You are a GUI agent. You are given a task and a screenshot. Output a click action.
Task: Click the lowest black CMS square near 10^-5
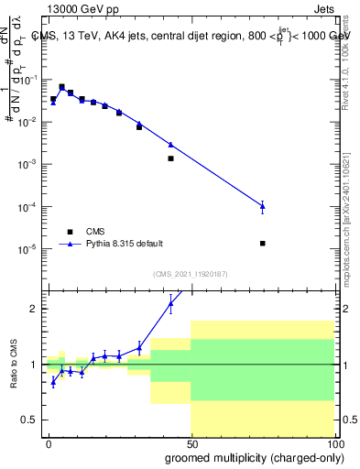click(x=263, y=244)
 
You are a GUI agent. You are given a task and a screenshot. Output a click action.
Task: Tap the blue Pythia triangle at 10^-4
click(x=263, y=206)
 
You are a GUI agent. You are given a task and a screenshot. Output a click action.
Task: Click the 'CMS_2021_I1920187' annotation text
click(x=191, y=274)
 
